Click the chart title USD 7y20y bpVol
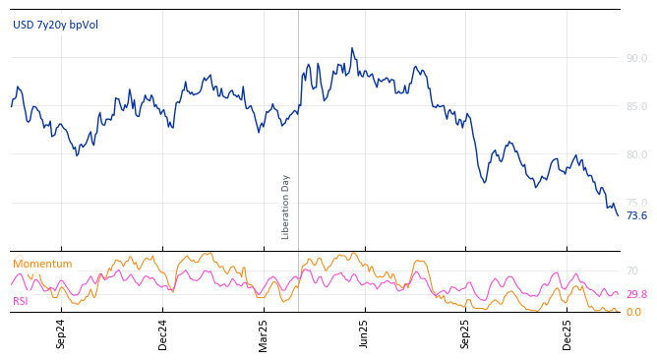pyautogui.click(x=55, y=26)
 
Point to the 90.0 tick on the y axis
pyautogui.click(x=636, y=58)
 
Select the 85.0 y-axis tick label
pyautogui.click(x=636, y=106)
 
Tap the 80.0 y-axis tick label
pyautogui.click(x=636, y=154)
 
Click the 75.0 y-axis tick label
pyautogui.click(x=636, y=203)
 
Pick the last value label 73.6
pyautogui.click(x=636, y=215)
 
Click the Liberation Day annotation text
pyautogui.click(x=286, y=207)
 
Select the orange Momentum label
pyautogui.click(x=42, y=265)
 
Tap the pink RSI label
pyautogui.click(x=20, y=301)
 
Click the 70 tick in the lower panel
pyautogui.click(x=632, y=270)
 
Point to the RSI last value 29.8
pyautogui.click(x=636, y=294)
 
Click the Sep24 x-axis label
pyautogui.click(x=61, y=333)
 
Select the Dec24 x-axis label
pyautogui.click(x=163, y=333)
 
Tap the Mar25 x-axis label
pyautogui.click(x=264, y=333)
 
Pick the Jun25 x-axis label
pyautogui.click(x=365, y=333)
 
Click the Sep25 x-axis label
pyautogui.click(x=465, y=333)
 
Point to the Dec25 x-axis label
pyautogui.click(x=567, y=333)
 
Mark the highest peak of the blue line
pyautogui.click(x=352, y=47)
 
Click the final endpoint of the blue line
pyautogui.click(x=618, y=215)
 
